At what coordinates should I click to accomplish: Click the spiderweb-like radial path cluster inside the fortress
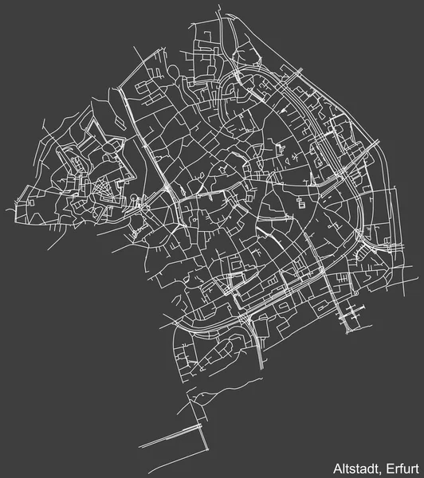[x=102, y=191]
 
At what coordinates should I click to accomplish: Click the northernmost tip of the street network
[x=221, y=14]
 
